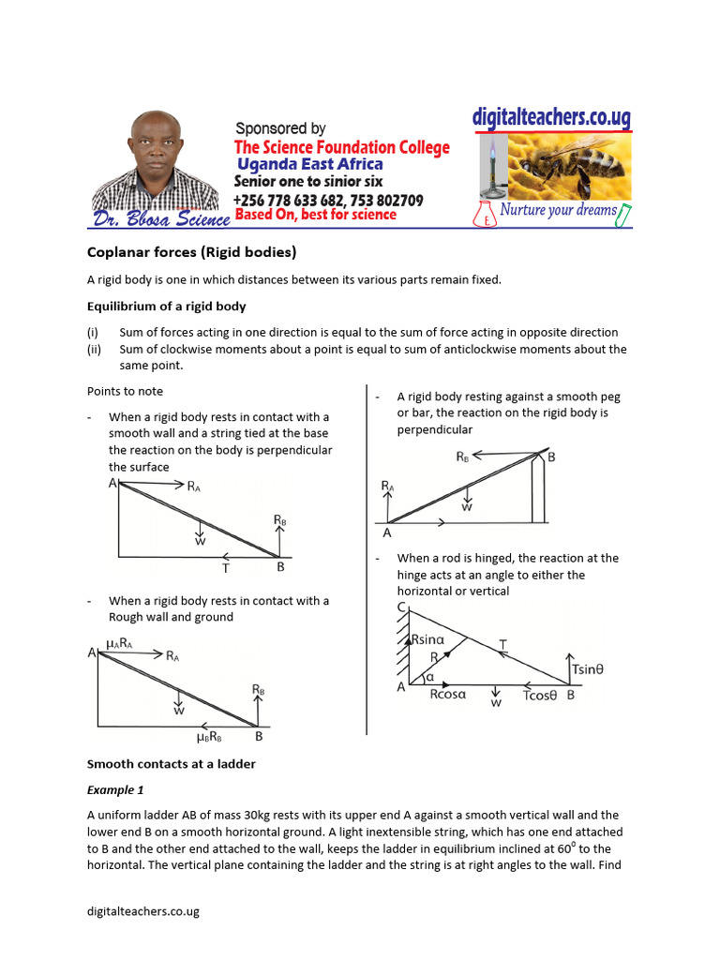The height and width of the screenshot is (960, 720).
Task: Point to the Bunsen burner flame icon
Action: pyautogui.click(x=488, y=154)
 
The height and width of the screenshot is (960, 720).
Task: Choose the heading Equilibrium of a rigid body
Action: pyautogui.click(x=167, y=306)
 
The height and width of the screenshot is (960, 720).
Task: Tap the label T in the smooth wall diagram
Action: pyautogui.click(x=225, y=568)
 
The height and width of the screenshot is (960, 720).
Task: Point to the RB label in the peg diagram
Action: pyautogui.click(x=463, y=457)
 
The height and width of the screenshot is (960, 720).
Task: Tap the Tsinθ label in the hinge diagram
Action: pyautogui.click(x=587, y=669)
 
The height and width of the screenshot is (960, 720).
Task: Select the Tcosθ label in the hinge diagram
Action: pyautogui.click(x=540, y=696)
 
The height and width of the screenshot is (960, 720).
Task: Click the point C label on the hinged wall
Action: pyautogui.click(x=400, y=607)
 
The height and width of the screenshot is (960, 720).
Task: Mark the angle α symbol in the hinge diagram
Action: pyautogui.click(x=429, y=676)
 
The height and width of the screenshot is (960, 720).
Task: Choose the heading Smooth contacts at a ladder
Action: pyautogui.click(x=171, y=764)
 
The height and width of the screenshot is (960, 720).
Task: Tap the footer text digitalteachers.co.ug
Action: pyautogui.click(x=142, y=910)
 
